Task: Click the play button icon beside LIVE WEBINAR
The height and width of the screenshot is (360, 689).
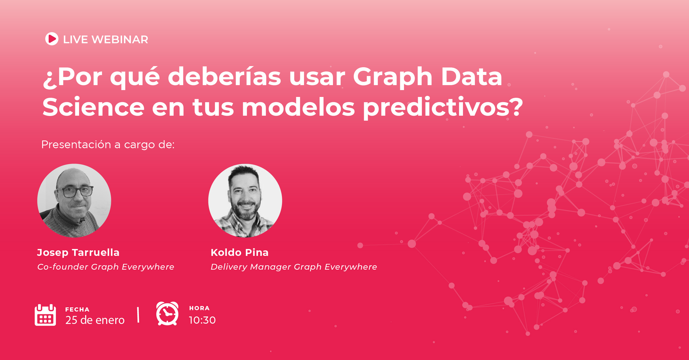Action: click(x=52, y=39)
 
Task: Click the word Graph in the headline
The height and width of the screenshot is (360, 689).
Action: click(x=392, y=77)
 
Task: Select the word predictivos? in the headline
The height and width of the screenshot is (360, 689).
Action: click(x=443, y=108)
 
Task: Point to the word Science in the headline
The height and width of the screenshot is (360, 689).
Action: click(x=93, y=107)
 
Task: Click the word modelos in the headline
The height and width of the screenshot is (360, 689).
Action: click(x=298, y=107)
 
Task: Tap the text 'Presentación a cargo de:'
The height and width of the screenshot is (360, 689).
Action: click(x=108, y=145)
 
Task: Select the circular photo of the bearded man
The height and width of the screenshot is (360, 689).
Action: click(x=245, y=201)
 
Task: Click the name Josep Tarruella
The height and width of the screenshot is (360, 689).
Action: click(x=78, y=252)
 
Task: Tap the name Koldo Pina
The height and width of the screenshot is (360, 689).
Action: click(x=239, y=252)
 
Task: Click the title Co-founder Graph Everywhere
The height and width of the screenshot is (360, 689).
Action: click(x=106, y=267)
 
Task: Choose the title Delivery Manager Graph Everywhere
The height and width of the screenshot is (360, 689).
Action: click(x=294, y=267)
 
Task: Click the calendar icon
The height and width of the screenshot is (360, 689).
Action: click(x=45, y=315)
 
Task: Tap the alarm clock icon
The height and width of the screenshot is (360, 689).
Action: click(x=167, y=314)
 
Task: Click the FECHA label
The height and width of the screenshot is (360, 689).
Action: click(x=77, y=310)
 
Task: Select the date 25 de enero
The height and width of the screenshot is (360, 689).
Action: click(x=95, y=320)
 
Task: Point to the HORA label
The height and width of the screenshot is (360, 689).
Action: click(x=199, y=308)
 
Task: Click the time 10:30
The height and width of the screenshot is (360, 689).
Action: click(x=202, y=320)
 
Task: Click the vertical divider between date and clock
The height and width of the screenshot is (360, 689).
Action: click(x=138, y=315)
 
